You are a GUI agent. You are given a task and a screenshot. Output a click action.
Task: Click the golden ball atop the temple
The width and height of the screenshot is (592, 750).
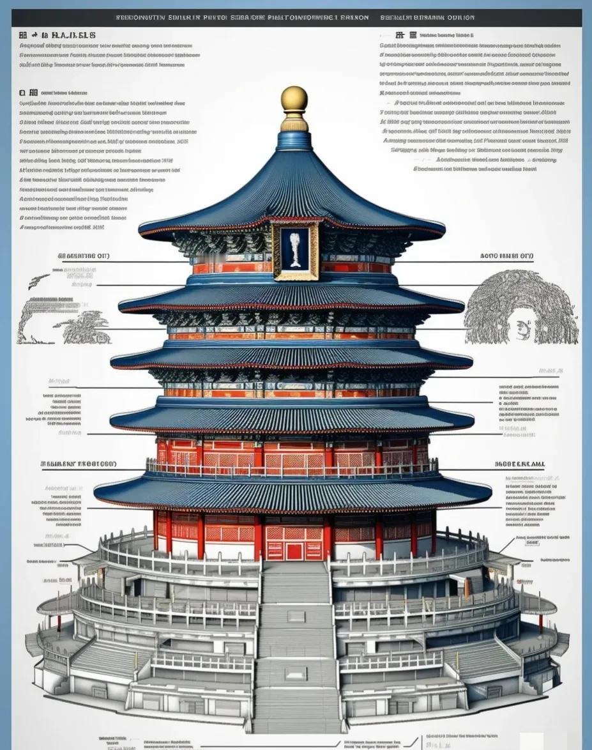pos(294,99)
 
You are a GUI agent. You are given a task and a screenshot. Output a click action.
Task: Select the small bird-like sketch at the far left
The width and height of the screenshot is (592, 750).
pos(38,280)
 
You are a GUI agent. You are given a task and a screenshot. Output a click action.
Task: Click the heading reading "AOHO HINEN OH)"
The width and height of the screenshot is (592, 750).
pos(506,256)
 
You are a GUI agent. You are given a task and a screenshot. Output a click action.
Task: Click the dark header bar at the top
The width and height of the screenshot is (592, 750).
pos(296,18)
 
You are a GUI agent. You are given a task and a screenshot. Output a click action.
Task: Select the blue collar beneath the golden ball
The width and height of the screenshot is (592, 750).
pos(294,123)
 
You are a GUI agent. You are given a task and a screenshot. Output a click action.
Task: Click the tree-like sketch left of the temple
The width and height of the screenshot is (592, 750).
pos(82,326)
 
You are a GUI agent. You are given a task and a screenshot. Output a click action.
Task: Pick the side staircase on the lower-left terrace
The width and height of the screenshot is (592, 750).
pos(102,658)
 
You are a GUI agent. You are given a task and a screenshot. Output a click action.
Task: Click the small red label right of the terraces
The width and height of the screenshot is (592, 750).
pos(525,582)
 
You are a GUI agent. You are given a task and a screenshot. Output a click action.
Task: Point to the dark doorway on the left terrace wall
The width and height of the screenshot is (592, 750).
pos(134,586)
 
